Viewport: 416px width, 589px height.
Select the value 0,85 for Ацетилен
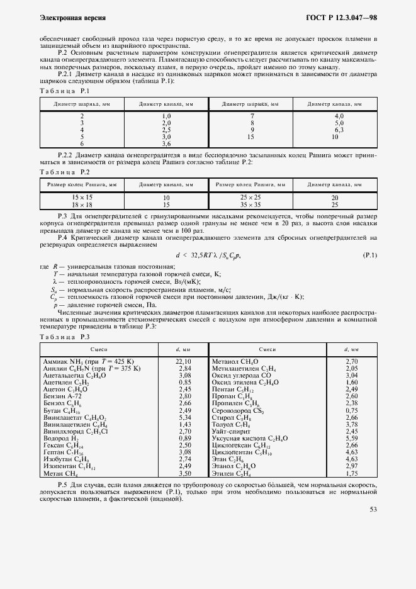[x=184, y=382]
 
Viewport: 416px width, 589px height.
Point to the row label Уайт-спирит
[x=232, y=431]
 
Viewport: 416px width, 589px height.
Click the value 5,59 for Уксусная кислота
[x=352, y=438]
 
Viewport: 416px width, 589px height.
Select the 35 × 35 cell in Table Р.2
[x=250, y=205]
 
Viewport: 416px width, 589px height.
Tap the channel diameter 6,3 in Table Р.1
[x=339, y=130]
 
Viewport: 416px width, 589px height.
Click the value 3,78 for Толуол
[x=352, y=424]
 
